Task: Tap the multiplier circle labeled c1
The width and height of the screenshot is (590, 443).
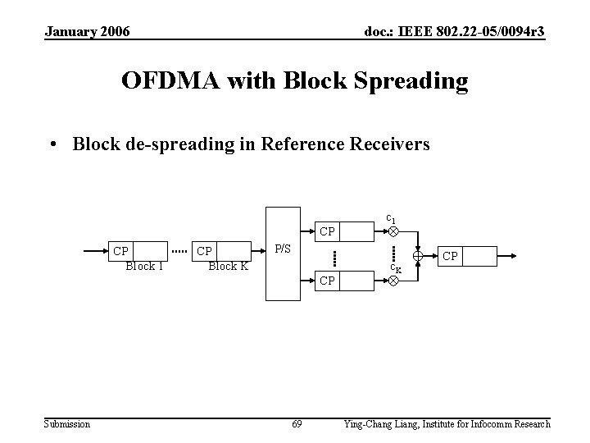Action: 393,231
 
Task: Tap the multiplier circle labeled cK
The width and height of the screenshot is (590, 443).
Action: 393,281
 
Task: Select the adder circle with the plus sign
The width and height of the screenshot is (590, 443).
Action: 418,256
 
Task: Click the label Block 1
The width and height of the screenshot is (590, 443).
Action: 144,266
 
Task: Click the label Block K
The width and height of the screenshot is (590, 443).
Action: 229,266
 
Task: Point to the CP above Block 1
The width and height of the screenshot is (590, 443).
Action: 120,251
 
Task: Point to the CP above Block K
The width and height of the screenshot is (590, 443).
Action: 205,251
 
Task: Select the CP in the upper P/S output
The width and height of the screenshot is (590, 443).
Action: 327,231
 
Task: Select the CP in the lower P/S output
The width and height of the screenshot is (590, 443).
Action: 327,281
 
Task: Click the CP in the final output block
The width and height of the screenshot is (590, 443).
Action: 450,256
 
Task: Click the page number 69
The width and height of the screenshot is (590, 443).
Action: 297,424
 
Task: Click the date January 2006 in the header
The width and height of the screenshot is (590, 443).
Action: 87,31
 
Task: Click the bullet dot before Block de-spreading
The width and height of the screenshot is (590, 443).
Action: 53,145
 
